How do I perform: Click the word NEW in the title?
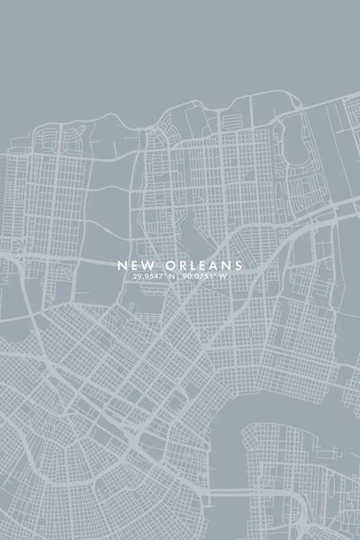[x=136, y=265]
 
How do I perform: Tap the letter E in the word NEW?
[x=134, y=265]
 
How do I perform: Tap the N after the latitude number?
[x=171, y=277]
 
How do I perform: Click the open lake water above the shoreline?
[x=180, y=54]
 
